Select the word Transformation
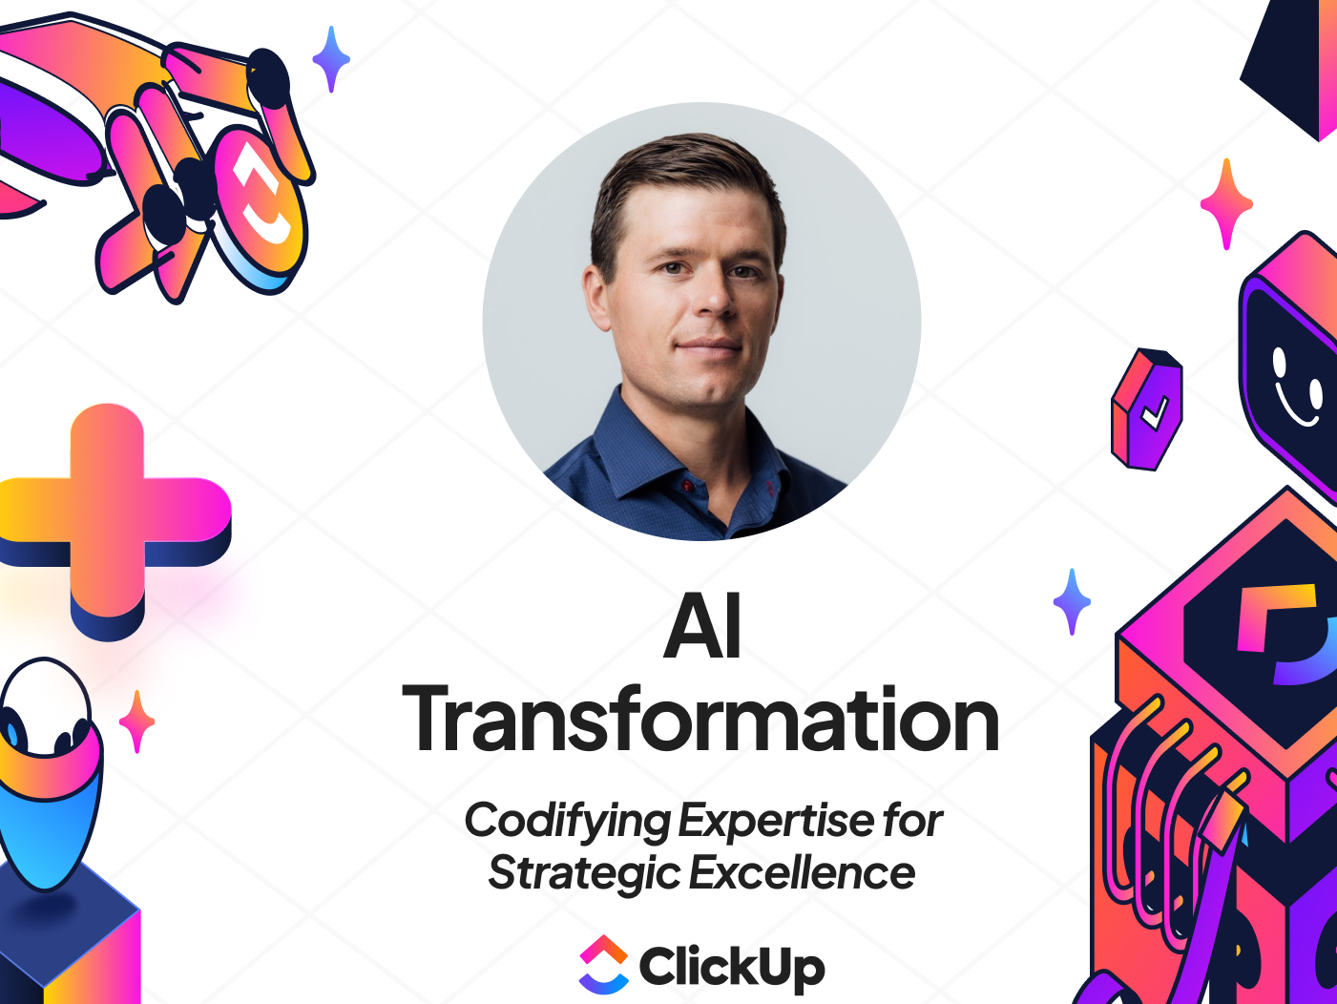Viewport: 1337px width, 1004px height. pos(701,720)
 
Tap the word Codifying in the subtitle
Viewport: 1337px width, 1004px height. pos(568,821)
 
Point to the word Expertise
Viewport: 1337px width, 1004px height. pos(777,821)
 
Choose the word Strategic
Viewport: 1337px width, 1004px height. pos(584,873)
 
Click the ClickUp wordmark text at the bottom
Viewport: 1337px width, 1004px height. pos(732,967)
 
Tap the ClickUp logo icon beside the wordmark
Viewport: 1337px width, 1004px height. pos(604,965)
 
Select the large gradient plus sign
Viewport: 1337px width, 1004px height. pos(110,520)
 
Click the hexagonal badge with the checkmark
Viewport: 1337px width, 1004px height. pos(1147,408)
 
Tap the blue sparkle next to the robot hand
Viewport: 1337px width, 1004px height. pos(331,58)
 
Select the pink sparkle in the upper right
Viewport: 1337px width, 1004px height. pos(1226,203)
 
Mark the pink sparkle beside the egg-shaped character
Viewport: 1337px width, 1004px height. pos(137,722)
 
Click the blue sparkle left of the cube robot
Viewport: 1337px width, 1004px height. pos(1072,601)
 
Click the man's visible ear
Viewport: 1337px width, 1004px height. pos(598,298)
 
